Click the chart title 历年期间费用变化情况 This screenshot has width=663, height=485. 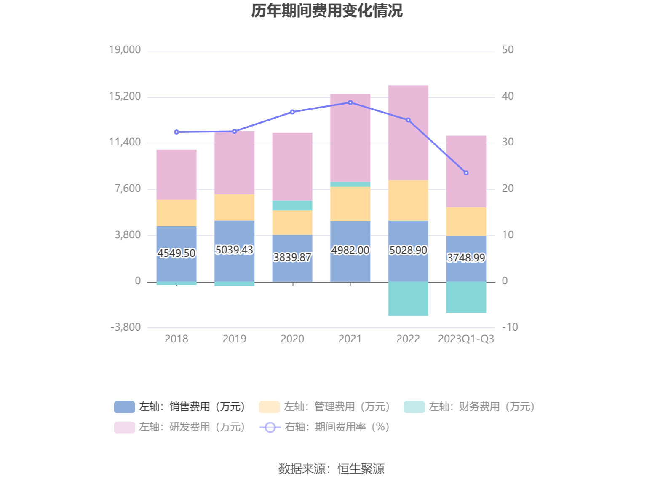[327, 11]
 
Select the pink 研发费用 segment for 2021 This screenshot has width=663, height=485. [350, 138]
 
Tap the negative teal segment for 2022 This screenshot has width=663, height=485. [408, 298]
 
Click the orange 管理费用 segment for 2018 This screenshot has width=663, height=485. [176, 213]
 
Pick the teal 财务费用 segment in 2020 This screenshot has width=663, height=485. [292, 205]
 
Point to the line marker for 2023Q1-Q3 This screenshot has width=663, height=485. [466, 173]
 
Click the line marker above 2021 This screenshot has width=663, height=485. [350, 102]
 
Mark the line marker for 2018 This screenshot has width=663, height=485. [176, 132]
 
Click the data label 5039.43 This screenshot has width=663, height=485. [234, 250]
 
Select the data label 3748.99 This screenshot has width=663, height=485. [466, 258]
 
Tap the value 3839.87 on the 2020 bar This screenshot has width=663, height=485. [292, 257]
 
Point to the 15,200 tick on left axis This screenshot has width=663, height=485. [125, 96]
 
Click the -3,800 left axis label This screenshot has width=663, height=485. [126, 327]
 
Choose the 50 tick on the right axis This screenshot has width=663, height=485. [508, 50]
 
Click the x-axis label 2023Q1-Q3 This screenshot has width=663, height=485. [466, 339]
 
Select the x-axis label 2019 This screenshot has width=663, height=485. [234, 339]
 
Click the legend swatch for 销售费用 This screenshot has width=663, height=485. [124, 407]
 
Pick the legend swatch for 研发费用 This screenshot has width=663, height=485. [124, 427]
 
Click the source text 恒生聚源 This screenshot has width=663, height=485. [361, 469]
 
